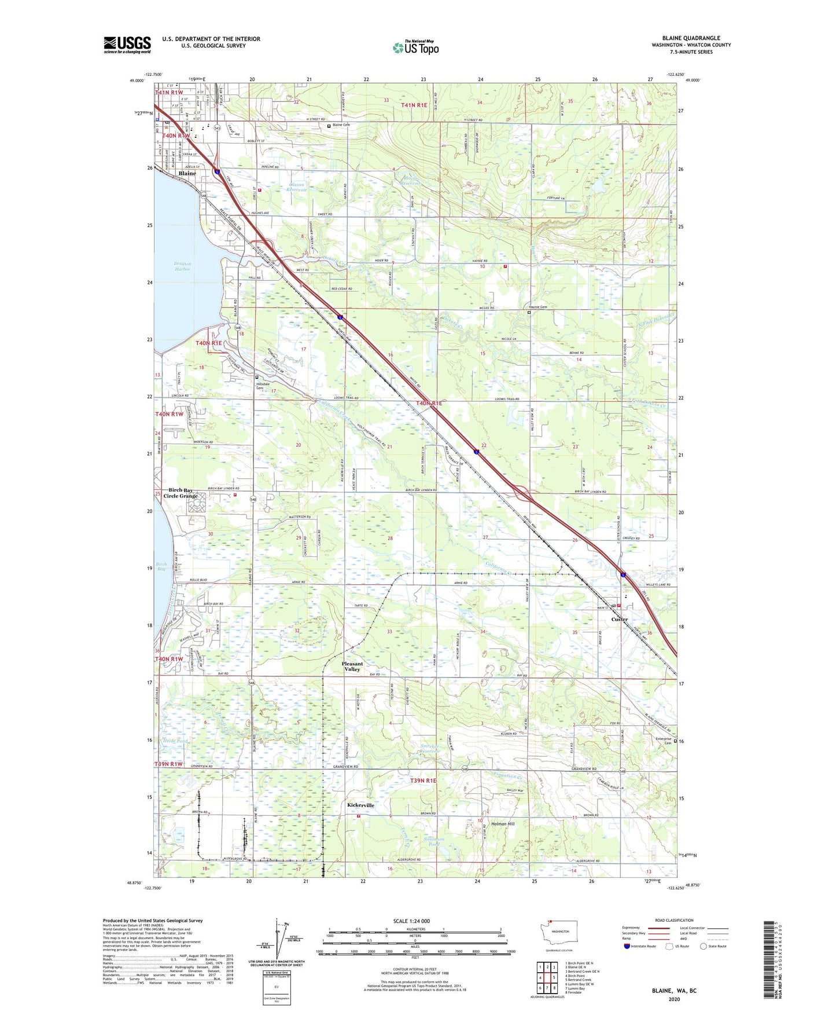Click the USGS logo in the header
point(127,45)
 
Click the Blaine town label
point(187,173)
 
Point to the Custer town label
point(619,619)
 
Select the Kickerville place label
point(360,805)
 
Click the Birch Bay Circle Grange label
point(181,493)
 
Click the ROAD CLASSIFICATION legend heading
point(673,920)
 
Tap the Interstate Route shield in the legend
point(627,946)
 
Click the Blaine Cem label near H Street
point(341,125)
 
